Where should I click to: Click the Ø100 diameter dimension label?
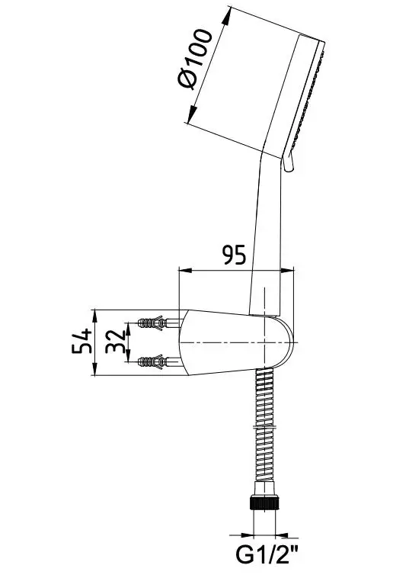coord(195,59)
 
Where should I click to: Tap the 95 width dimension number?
coord(234,255)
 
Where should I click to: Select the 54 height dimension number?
coord(81,341)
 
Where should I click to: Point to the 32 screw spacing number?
coord(115,342)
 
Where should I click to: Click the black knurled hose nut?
coord(264,503)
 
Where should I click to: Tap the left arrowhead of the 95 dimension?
coord(185,271)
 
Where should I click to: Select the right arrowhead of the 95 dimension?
coord(287,271)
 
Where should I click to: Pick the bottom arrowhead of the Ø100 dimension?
coord(192,114)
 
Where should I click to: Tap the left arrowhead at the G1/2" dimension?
coord(248,535)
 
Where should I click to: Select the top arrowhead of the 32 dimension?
coord(128,329)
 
